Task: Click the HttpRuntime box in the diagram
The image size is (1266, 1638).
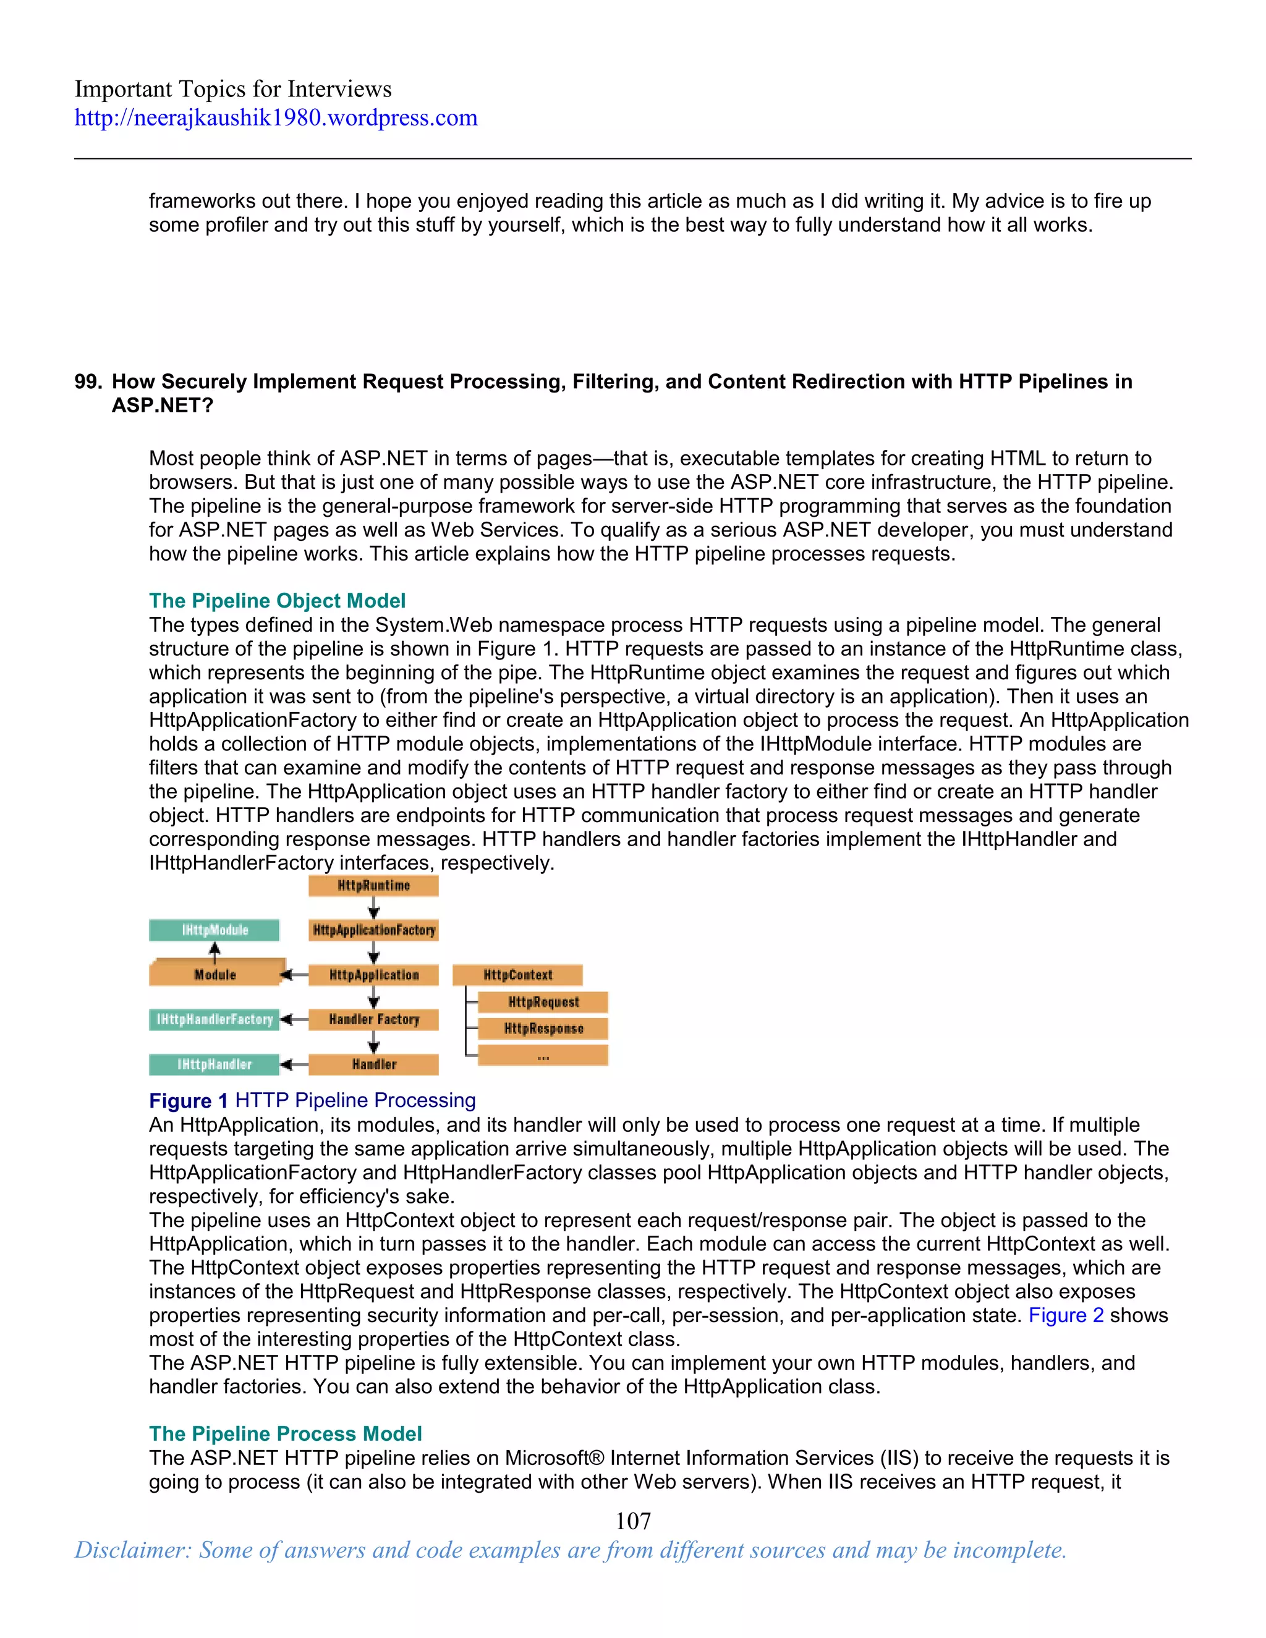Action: pyautogui.click(x=373, y=886)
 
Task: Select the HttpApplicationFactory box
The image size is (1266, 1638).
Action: pyautogui.click(x=373, y=930)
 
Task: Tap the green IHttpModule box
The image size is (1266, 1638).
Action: pyautogui.click(x=215, y=930)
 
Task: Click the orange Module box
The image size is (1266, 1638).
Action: pyautogui.click(x=215, y=974)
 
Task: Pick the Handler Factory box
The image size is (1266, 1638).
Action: pyautogui.click(x=373, y=1019)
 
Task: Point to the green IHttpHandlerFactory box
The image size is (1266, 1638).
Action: pyautogui.click(x=215, y=1019)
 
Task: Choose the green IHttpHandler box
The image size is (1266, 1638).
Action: pyautogui.click(x=215, y=1064)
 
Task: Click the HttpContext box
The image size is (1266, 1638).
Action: pyautogui.click(x=517, y=975)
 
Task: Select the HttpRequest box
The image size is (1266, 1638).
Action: pyautogui.click(x=543, y=1002)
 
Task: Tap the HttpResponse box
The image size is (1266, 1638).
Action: pyautogui.click(x=543, y=1029)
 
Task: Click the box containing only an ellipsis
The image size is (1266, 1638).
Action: pyautogui.click(x=543, y=1055)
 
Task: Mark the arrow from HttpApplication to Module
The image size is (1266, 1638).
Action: pyautogui.click(x=294, y=975)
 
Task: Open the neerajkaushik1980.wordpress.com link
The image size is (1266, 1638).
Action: pyautogui.click(x=275, y=117)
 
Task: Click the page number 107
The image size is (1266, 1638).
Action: pyautogui.click(x=633, y=1521)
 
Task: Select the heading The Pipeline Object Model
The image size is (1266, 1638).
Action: pyautogui.click(x=277, y=601)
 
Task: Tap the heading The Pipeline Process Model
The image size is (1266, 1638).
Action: pyautogui.click(x=285, y=1433)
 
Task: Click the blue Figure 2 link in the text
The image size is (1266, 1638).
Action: pyautogui.click(x=1066, y=1315)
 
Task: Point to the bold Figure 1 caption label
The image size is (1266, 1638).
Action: pyautogui.click(x=189, y=1100)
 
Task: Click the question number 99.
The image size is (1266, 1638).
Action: pyautogui.click(x=88, y=382)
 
